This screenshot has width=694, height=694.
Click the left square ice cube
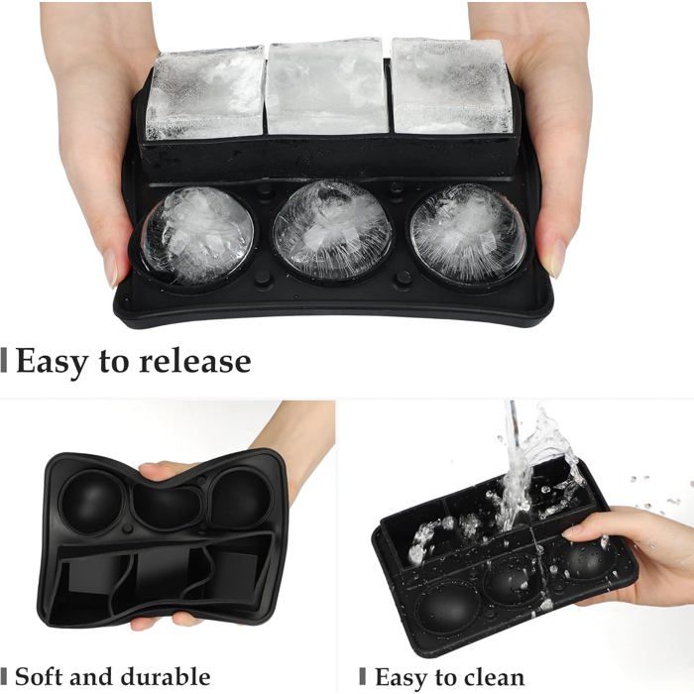206,92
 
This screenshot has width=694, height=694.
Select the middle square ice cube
326,86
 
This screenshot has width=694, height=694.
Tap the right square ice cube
451,86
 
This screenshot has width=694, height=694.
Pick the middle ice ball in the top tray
332,230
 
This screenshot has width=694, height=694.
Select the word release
195,361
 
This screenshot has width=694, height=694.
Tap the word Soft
39,676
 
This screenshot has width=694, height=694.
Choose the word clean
492,677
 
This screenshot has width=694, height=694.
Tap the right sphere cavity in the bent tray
241,499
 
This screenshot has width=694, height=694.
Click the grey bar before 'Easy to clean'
363,677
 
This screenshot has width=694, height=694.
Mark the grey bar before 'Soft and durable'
4,677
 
